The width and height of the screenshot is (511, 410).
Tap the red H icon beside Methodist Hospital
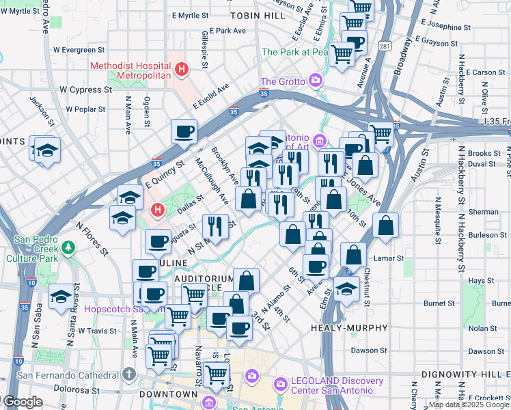pos(182,69)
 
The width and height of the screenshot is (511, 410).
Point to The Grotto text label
pos(282,82)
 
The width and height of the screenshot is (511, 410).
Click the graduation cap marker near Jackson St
pos(47,150)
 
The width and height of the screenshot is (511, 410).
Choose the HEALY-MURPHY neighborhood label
pos(344,328)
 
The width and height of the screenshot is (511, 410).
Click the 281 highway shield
pos(385,46)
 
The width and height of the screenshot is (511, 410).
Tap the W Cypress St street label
pos(85,90)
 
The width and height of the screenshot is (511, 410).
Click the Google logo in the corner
pos(22,402)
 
